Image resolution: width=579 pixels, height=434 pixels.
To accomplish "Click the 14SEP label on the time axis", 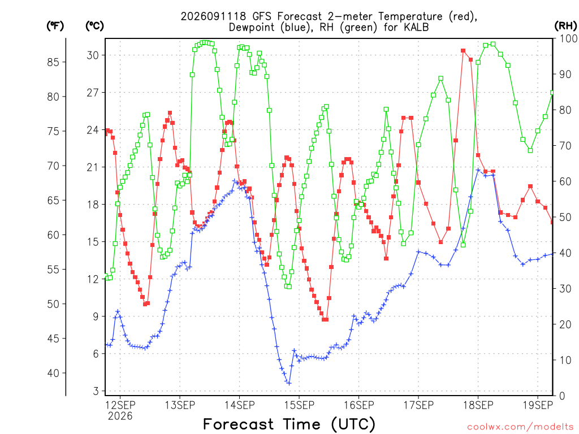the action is coord(239,405).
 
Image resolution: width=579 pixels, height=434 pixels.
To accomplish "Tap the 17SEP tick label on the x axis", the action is coord(418,405).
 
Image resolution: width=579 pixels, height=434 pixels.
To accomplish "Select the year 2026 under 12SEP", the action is coord(120,416).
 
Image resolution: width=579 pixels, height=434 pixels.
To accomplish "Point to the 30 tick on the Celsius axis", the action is coord(93,55).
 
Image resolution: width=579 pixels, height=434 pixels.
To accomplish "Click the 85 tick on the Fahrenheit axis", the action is coord(53,62).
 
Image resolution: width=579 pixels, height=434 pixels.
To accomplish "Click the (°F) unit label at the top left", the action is coord(55,26).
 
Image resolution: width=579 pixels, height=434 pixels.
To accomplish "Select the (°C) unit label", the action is coord(94,26).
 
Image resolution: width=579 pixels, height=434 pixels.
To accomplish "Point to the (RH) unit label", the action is coord(565,26).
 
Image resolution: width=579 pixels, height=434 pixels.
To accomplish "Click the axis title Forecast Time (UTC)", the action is coord(289,424).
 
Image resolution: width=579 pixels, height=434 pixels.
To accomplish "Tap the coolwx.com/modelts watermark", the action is coord(520,427).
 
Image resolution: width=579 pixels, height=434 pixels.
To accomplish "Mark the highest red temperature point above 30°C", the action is coord(463,50).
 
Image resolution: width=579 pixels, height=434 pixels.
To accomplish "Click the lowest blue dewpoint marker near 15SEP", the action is coord(289,383).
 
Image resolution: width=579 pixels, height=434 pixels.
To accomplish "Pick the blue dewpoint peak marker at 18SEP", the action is coord(478,170).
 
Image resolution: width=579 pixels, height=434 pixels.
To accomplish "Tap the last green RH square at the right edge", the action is coord(552,93).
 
